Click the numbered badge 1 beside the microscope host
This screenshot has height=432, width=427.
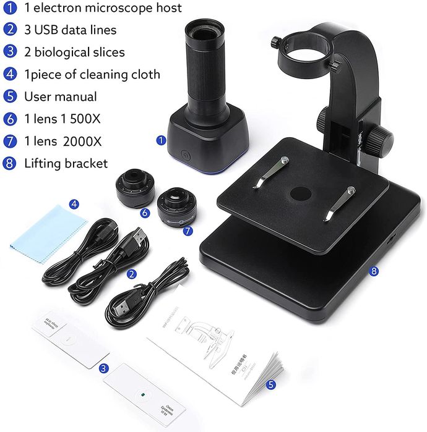click(x=161, y=140)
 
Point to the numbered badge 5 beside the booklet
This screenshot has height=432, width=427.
click(x=271, y=384)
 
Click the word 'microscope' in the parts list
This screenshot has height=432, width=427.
click(x=110, y=7)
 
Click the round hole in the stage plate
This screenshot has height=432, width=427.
click(x=301, y=194)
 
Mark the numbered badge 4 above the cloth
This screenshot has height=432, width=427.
click(x=74, y=204)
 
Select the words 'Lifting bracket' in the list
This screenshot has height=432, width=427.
click(x=66, y=163)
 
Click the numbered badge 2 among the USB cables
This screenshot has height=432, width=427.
click(x=131, y=273)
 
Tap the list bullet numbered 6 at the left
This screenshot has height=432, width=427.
click(x=10, y=119)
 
